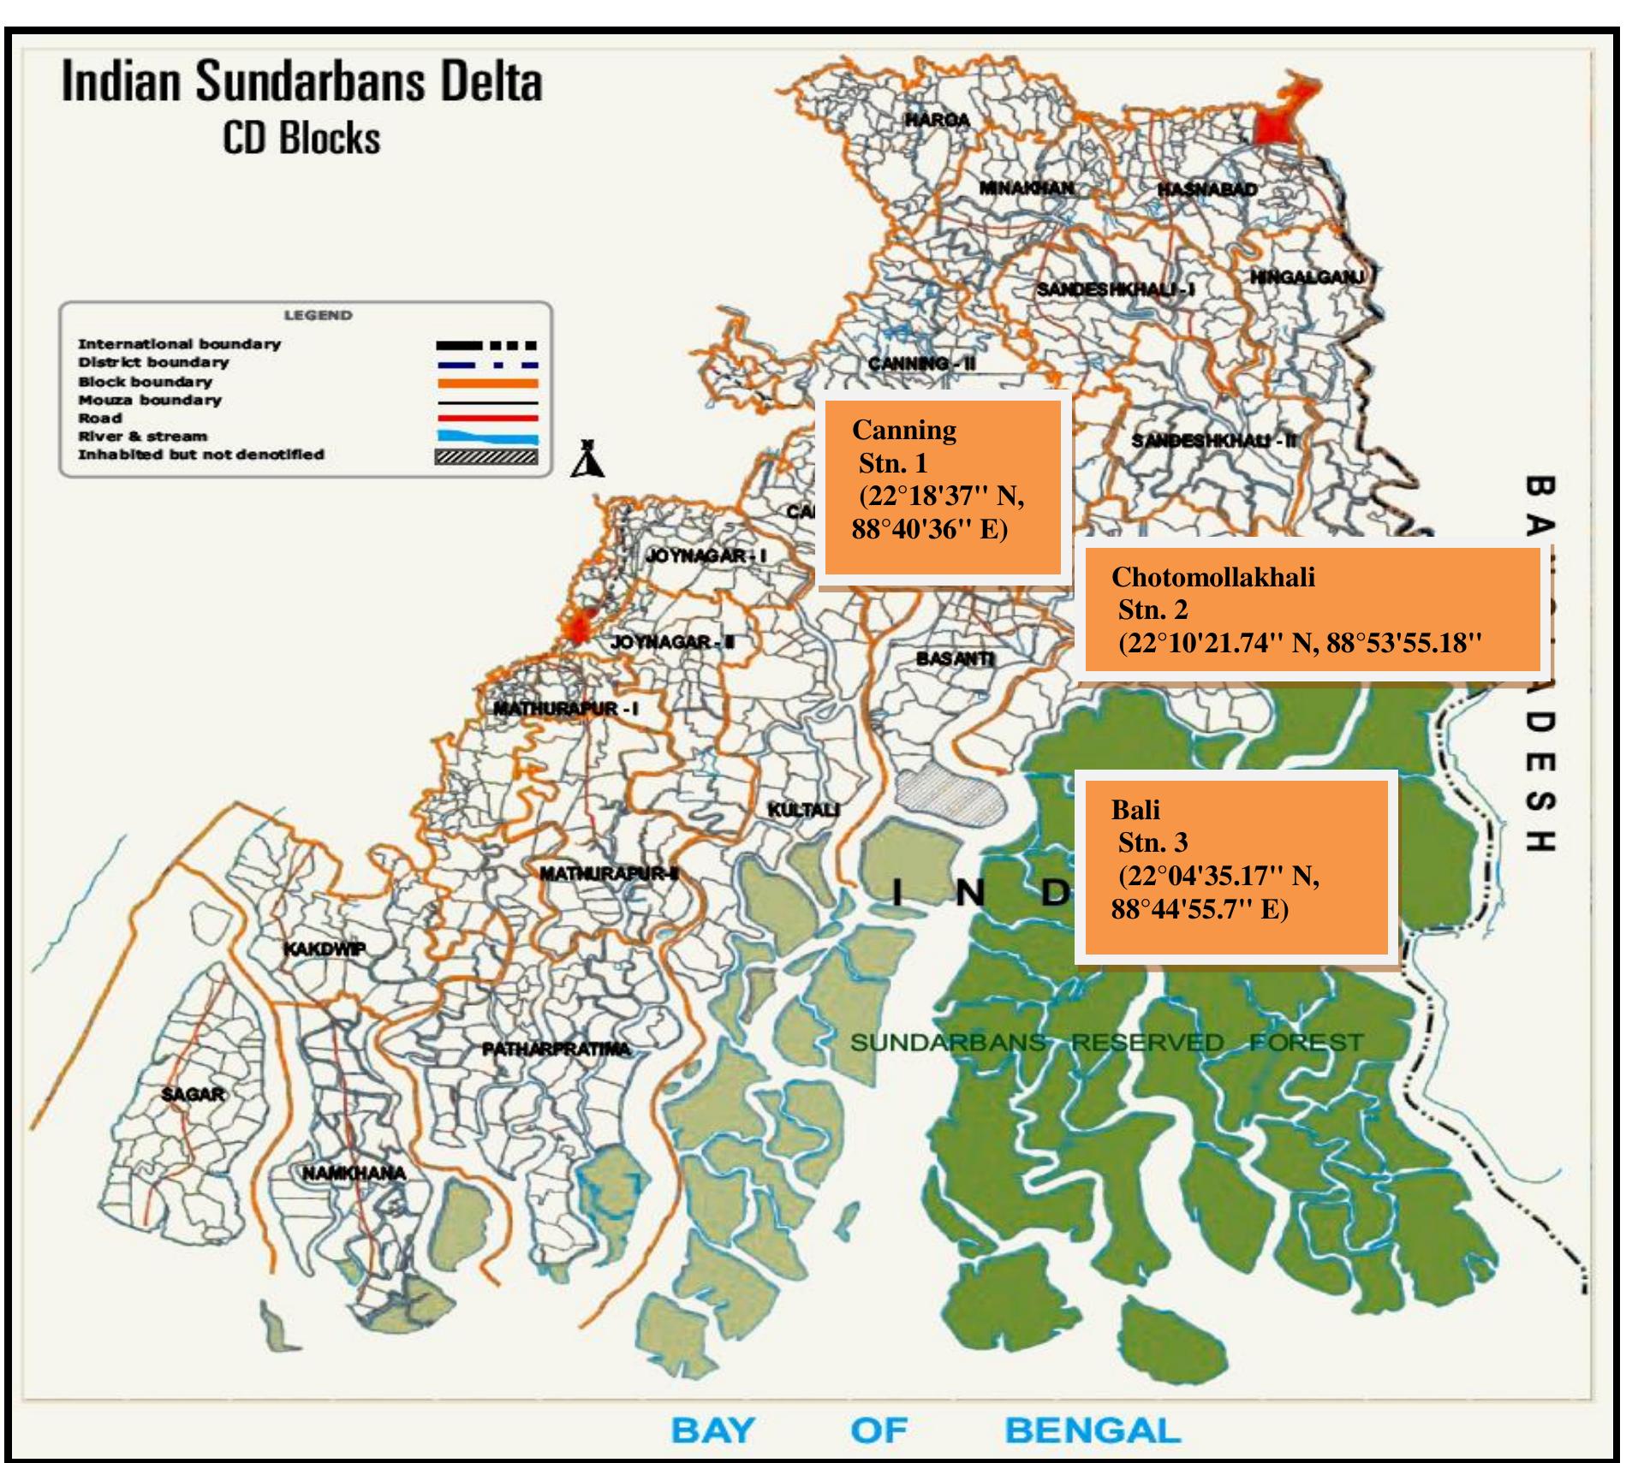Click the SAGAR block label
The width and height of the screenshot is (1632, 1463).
[x=193, y=1094]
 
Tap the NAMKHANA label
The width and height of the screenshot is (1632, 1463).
[x=354, y=1173]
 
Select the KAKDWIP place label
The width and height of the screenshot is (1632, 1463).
[x=325, y=949]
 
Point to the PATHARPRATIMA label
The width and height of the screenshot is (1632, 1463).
[x=556, y=1049]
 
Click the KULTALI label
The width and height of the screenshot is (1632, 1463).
[x=803, y=809]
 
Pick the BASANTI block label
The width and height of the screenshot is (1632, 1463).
[x=955, y=658]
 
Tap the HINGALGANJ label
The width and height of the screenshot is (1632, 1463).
[x=1307, y=277]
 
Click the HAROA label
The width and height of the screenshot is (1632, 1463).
[x=938, y=120]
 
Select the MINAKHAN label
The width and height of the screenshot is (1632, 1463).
[x=1027, y=187]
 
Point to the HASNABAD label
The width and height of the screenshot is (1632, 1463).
[x=1207, y=189]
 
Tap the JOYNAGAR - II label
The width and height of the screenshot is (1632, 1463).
[x=672, y=642]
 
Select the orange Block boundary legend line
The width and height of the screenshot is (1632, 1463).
[x=487, y=383]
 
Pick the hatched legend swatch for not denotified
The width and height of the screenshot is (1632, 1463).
[x=487, y=456]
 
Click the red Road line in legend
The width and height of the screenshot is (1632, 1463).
[x=487, y=419]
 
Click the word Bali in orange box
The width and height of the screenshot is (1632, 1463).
[x=1135, y=810]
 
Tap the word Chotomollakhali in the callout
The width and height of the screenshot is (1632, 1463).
[x=1212, y=577]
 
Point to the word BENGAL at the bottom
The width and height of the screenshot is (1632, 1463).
[x=1092, y=1430]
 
